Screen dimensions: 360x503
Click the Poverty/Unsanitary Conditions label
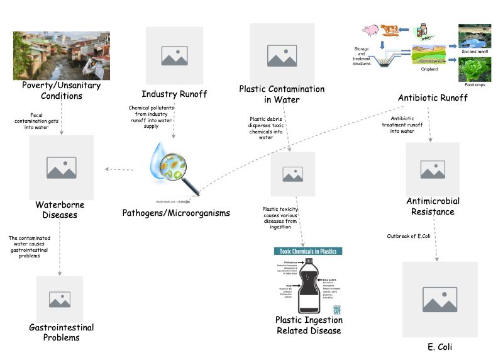[52, 91]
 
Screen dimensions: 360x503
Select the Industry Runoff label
[174, 94]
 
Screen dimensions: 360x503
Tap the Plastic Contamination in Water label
[282, 94]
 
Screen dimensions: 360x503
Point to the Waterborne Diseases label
[60, 210]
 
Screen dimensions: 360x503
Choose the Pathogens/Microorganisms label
[176, 213]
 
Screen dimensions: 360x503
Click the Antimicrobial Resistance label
[433, 206]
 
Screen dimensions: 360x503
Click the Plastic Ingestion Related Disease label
[309, 325]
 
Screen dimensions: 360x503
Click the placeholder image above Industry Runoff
[174, 55]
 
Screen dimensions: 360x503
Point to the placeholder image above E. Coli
[439, 300]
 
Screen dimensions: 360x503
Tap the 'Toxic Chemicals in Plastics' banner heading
[308, 251]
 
